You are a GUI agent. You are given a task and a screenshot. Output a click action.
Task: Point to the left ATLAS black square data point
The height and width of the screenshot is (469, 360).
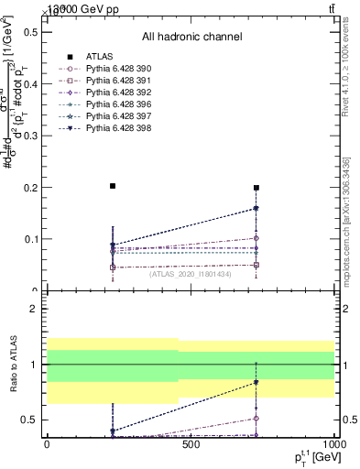(113, 186)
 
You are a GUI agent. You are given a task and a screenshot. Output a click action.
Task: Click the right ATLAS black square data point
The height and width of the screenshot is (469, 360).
(256, 188)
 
